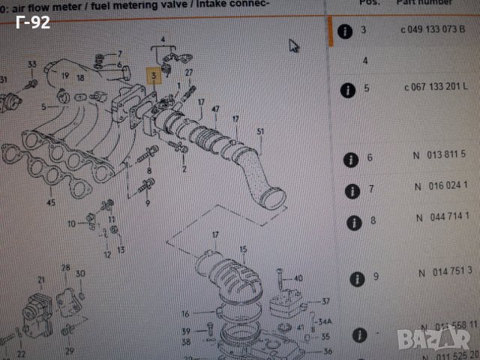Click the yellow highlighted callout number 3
click(151, 76)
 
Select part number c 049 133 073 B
click(437, 31)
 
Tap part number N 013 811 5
click(441, 154)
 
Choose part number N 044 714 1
click(441, 221)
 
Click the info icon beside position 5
click(346, 90)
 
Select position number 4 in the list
click(365, 60)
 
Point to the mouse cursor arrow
click(294, 45)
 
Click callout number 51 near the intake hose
click(261, 132)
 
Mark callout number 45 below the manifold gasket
click(51, 202)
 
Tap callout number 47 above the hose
click(215, 110)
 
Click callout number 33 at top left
click(31, 64)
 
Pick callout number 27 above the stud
click(190, 72)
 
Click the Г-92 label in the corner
click(32, 22)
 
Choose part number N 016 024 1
click(441, 186)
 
